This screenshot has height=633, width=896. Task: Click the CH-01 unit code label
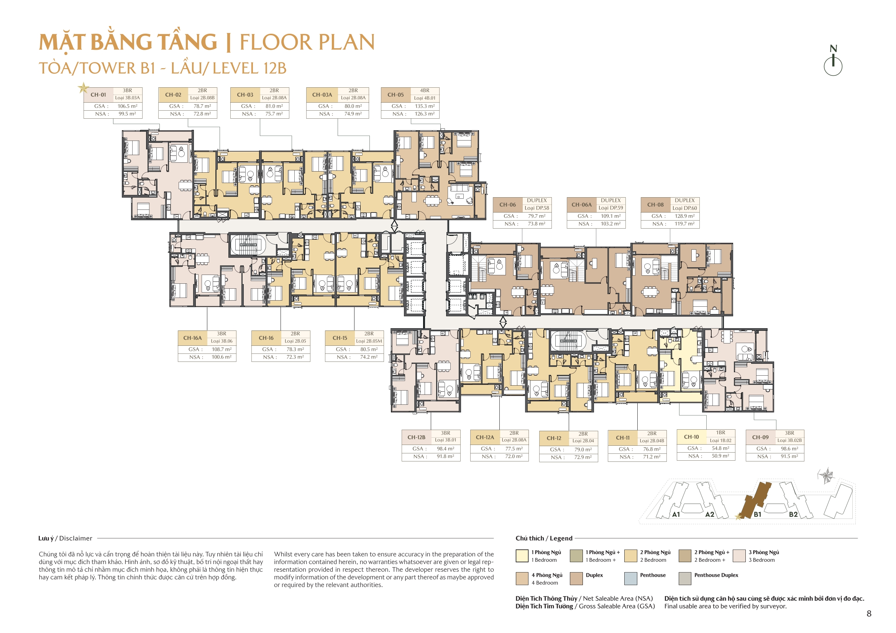(98, 95)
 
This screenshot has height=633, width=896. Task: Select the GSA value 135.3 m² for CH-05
(425, 106)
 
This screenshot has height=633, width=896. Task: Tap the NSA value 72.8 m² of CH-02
(202, 114)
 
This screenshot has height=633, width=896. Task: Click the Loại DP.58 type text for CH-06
(537, 208)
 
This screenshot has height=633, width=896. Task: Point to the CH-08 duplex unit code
(655, 204)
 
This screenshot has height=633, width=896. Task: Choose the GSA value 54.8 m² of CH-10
(720, 448)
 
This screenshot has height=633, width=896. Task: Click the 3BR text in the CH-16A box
(221, 334)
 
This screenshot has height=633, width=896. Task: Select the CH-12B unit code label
(416, 437)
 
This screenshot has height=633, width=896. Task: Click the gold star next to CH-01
(83, 88)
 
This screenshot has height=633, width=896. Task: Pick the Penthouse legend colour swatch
(631, 578)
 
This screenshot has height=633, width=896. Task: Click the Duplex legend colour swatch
(576, 578)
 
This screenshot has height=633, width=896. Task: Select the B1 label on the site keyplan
(757, 514)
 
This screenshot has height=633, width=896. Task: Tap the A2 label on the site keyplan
(709, 514)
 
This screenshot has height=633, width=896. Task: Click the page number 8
(869, 613)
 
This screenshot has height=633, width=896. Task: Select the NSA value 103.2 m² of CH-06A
(610, 224)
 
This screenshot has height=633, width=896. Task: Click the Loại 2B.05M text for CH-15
(369, 341)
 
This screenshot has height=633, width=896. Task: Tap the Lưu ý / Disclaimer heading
(65, 538)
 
